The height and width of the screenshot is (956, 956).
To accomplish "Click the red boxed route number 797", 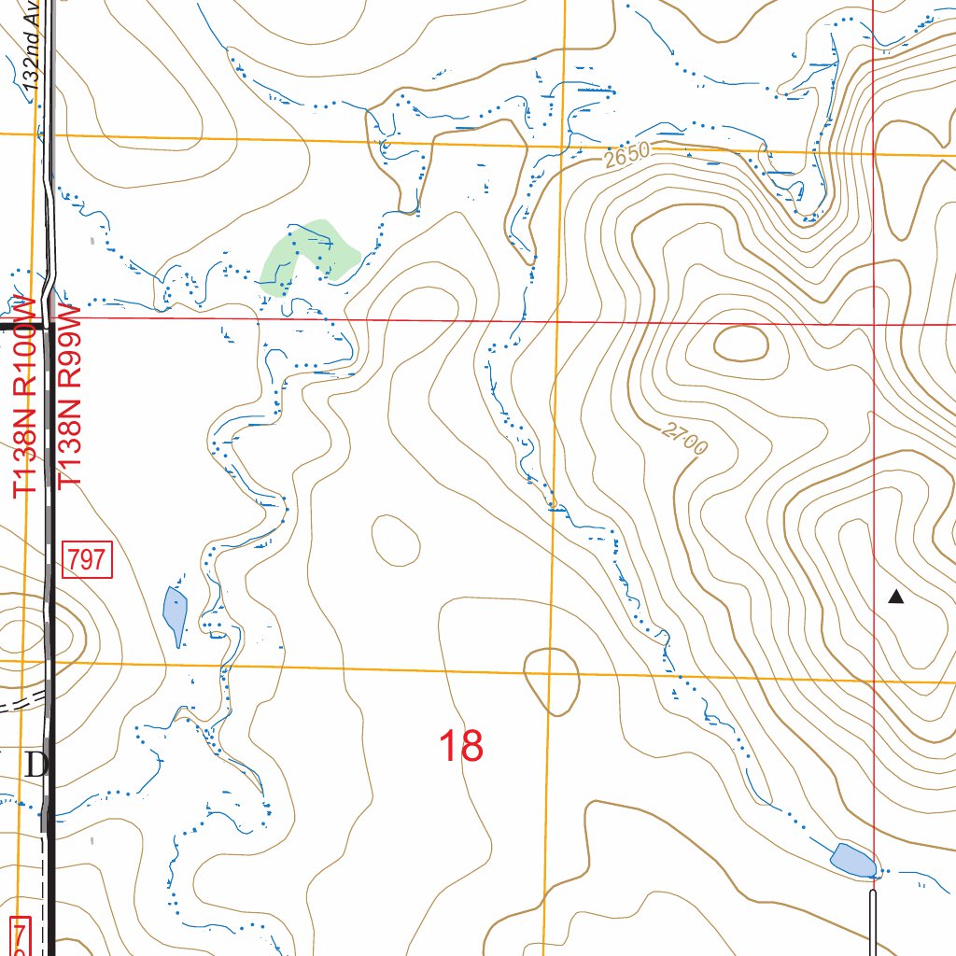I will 88,560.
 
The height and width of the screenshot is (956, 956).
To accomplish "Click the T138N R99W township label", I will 71,397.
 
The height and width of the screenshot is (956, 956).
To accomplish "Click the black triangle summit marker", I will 896,597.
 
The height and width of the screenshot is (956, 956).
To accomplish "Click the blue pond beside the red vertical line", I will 852,859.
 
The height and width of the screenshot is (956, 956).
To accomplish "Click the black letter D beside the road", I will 35,766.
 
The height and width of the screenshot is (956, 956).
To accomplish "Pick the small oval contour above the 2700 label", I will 740,343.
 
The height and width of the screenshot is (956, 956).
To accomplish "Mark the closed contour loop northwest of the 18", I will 396,539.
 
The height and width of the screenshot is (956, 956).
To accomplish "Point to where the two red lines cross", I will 873,324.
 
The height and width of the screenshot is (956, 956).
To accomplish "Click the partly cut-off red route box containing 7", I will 20,936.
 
